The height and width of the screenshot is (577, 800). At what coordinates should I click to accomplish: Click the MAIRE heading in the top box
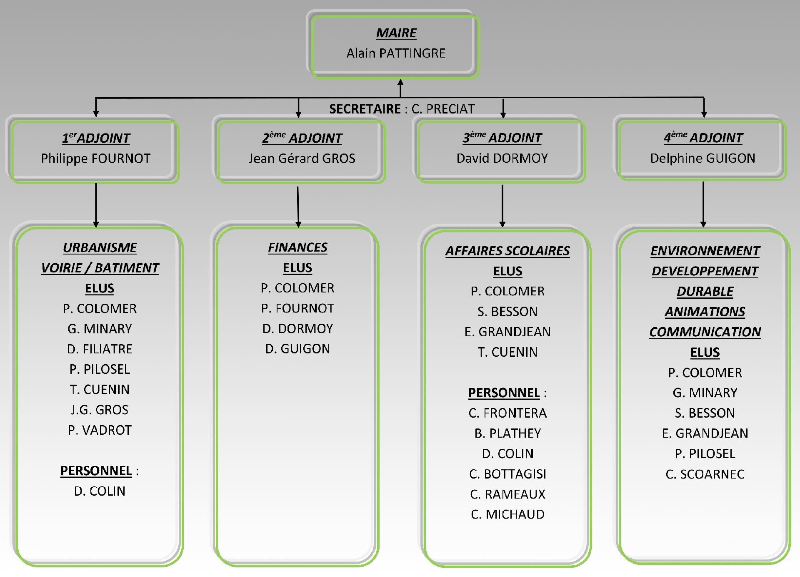tap(396, 33)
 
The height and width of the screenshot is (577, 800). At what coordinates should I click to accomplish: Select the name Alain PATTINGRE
tap(396, 53)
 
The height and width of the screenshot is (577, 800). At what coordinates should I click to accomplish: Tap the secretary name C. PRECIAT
tap(443, 109)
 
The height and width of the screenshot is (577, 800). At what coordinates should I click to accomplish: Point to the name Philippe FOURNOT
tap(96, 159)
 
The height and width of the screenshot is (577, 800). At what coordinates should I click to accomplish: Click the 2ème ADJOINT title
tap(302, 138)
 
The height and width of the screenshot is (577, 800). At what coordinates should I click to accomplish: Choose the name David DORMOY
tap(502, 158)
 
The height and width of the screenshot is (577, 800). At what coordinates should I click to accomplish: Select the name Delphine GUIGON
tap(702, 158)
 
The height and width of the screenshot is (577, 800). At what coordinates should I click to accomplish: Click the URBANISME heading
tap(100, 247)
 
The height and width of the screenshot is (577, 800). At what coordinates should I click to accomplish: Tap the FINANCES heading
tap(297, 247)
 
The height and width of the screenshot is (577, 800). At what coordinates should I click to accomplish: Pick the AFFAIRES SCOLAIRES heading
tap(507, 251)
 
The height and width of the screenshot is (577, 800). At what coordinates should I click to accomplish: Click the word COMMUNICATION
tap(705, 332)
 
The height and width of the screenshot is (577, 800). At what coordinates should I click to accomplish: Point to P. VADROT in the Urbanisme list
tap(100, 430)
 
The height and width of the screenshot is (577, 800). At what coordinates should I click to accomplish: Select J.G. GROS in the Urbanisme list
tap(100, 410)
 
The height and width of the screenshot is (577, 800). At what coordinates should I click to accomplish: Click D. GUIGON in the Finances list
tap(297, 349)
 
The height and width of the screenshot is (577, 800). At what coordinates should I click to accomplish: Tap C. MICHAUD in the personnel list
tap(507, 514)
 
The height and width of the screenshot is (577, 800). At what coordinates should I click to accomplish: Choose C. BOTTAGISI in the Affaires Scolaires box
tap(507, 474)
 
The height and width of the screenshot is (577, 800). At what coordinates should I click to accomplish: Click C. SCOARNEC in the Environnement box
tap(705, 474)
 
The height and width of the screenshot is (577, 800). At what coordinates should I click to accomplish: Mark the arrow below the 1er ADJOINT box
tap(96, 204)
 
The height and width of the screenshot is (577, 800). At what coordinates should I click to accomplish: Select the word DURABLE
tap(705, 291)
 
